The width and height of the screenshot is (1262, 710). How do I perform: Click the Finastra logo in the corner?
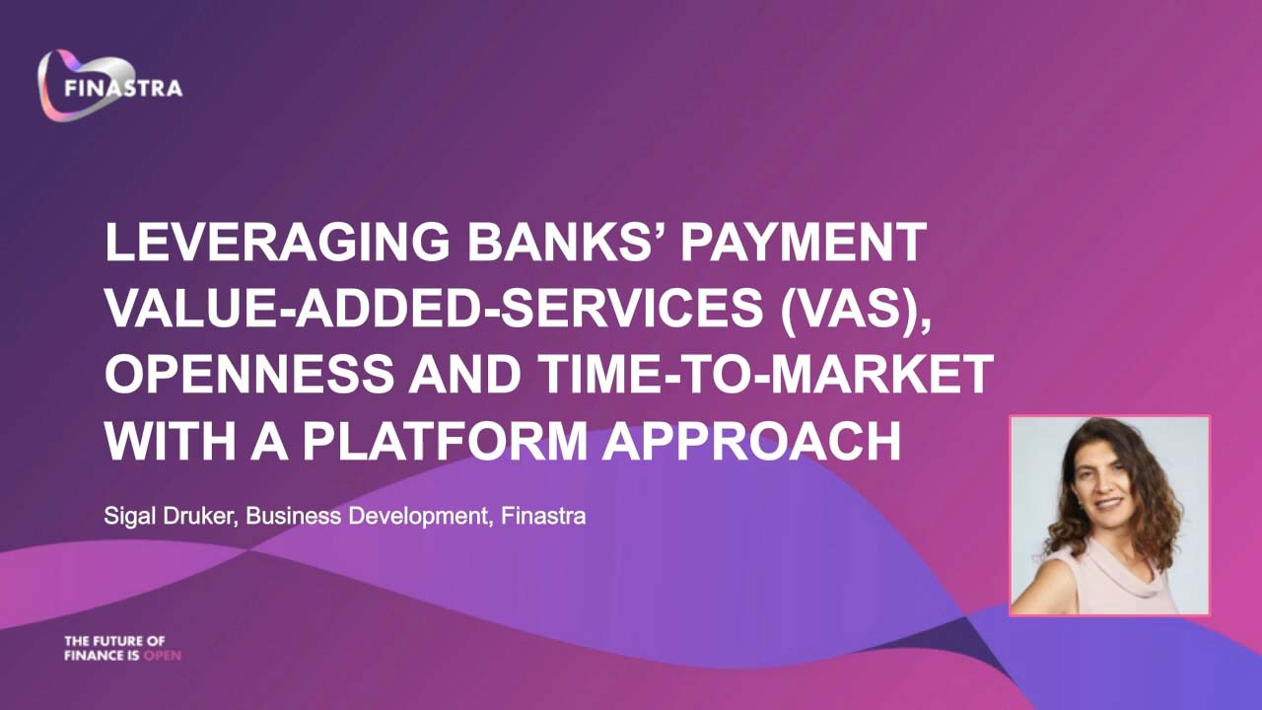[x=109, y=86]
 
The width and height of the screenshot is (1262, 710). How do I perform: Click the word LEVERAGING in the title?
[x=277, y=242]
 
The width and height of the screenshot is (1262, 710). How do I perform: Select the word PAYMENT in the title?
[x=804, y=242]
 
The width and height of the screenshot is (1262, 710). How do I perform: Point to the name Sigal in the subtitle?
[x=129, y=516]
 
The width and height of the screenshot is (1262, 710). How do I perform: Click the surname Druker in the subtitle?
[x=198, y=516]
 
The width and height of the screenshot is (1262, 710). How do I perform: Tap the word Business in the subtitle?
[x=293, y=516]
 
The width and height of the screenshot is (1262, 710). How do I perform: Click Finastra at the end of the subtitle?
[x=543, y=516]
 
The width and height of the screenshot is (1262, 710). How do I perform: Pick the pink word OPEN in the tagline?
[x=163, y=656]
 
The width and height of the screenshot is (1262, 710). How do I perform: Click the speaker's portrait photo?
[x=1109, y=516]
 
